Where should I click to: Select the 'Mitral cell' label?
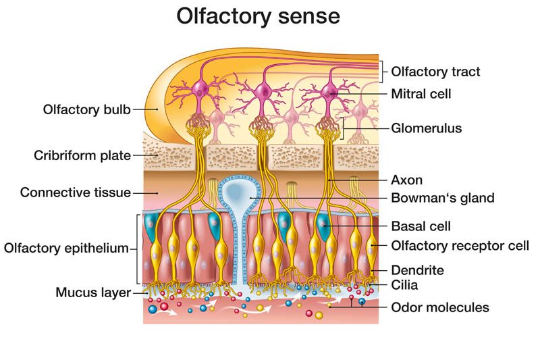click(421, 94)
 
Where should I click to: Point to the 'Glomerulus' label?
click(427, 127)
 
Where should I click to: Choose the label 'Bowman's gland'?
click(443, 198)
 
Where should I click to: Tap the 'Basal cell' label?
click(421, 226)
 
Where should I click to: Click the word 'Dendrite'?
click(417, 270)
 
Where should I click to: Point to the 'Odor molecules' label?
click(440, 307)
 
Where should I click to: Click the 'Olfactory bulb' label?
click(86, 109)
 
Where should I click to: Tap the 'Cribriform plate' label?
click(82, 156)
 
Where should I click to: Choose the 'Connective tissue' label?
click(75, 192)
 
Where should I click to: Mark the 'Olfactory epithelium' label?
click(65, 248)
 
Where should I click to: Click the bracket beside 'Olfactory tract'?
click(383, 71)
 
